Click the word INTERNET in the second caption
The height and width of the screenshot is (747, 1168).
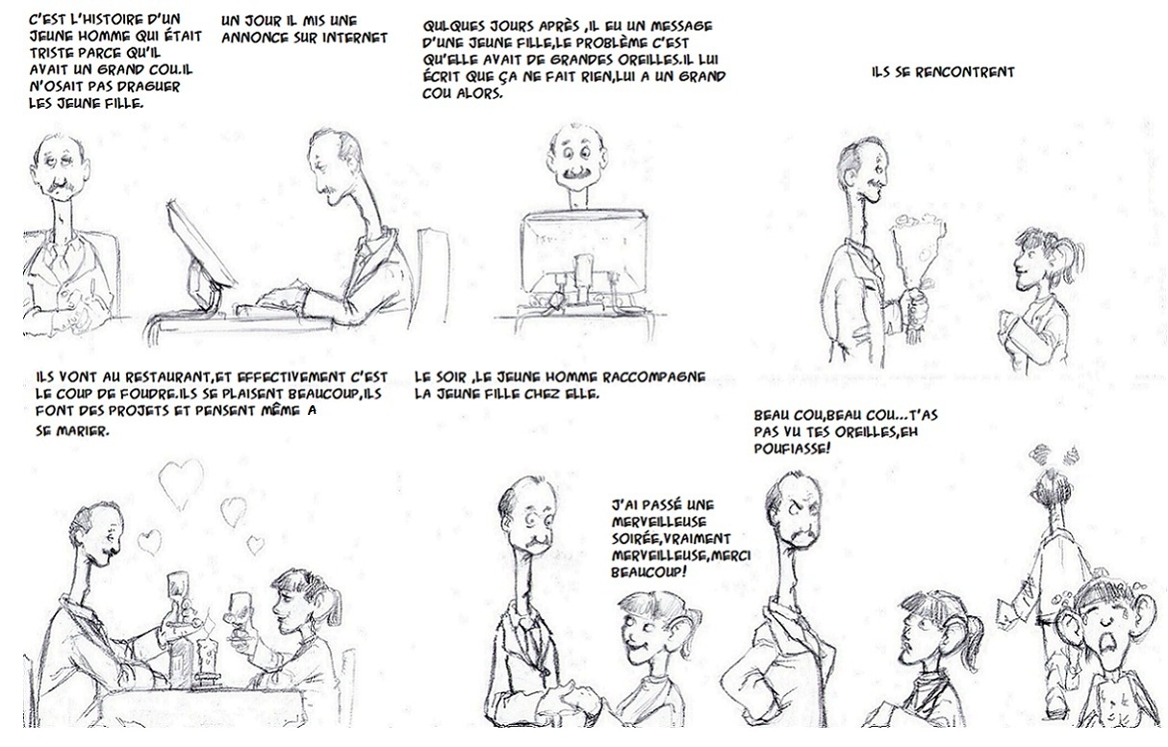[355, 38]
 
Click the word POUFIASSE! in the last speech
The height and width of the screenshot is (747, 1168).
[792, 448]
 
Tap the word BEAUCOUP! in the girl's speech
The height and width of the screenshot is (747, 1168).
[648, 572]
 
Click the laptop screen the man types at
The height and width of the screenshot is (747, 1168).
[201, 245]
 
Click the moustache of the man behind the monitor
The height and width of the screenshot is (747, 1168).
[575, 173]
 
